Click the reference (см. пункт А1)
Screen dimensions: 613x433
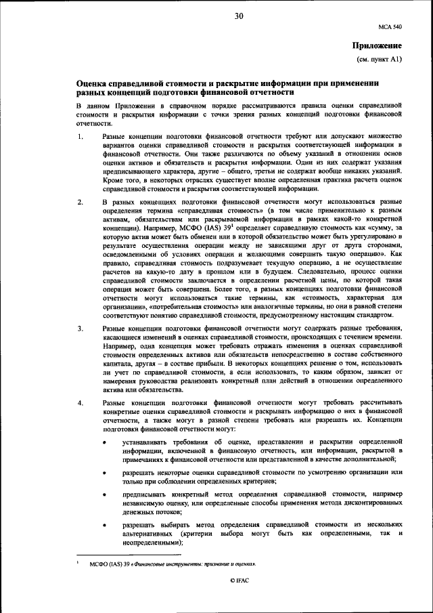(380, 60)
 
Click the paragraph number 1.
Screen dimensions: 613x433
(80, 138)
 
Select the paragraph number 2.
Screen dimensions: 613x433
(80, 203)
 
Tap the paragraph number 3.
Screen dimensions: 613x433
(80, 329)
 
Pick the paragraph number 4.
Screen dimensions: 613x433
(80, 404)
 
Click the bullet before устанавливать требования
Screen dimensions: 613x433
(104, 442)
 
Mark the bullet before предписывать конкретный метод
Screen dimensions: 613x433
(104, 495)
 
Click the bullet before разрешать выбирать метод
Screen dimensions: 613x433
(104, 525)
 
